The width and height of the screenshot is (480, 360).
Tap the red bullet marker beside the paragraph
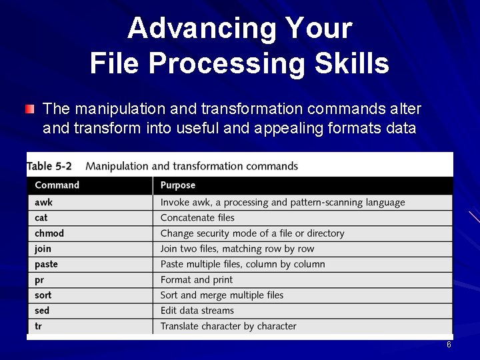pos(30,109)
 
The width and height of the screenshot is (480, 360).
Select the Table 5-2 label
pos(50,165)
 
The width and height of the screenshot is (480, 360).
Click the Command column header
pos(57,185)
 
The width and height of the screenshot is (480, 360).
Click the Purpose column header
pos(178,185)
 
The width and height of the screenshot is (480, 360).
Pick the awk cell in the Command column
pos(44,202)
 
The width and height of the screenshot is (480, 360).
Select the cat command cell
pos(41,217)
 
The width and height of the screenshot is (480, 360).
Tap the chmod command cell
pos(49,233)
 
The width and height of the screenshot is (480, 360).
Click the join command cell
pos(43,249)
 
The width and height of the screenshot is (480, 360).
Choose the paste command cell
pos(46,264)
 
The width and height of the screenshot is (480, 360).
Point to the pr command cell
pos(39,280)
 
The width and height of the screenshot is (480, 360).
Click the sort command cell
pos(43,295)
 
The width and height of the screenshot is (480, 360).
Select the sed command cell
pos(42,311)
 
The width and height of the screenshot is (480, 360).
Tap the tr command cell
pos(39,326)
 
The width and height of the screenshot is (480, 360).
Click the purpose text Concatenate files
pos(197,217)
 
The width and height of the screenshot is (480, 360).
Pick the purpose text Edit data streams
pos(197,311)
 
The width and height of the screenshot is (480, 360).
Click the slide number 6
pos(449,345)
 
